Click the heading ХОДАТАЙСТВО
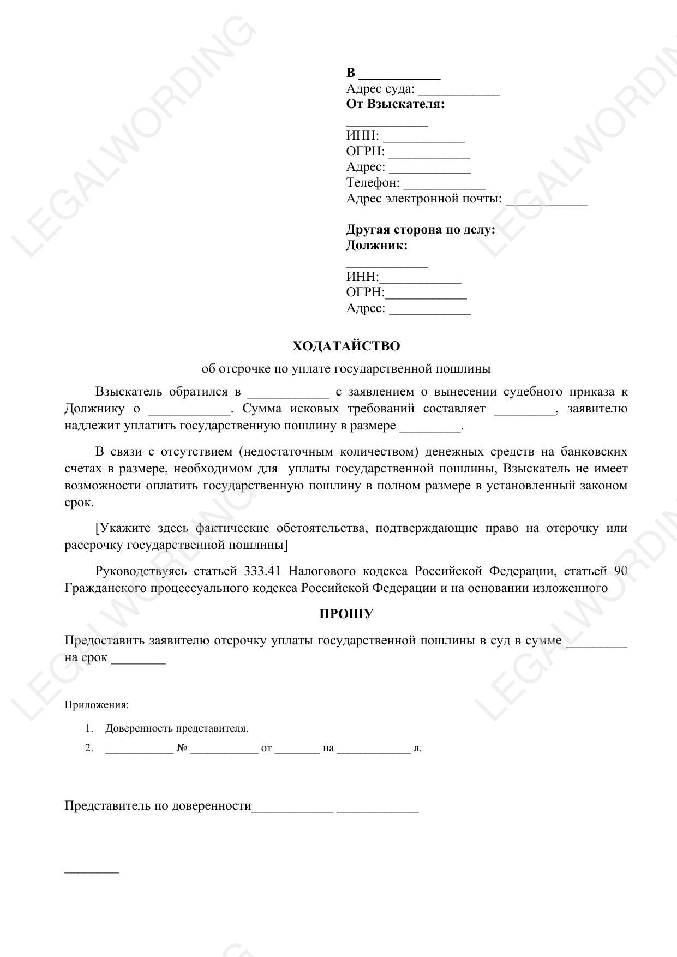pyautogui.click(x=346, y=346)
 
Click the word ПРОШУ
pyautogui.click(x=346, y=614)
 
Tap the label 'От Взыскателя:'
pyautogui.click(x=395, y=104)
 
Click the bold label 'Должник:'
pyautogui.click(x=376, y=246)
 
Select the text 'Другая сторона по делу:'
pyautogui.click(x=420, y=230)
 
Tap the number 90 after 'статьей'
pyautogui.click(x=620, y=571)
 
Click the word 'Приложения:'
pyautogui.click(x=97, y=705)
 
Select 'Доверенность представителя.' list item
pyautogui.click(x=177, y=728)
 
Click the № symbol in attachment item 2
pyautogui.click(x=182, y=748)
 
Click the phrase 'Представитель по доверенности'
pyautogui.click(x=158, y=806)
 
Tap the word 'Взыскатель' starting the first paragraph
pyautogui.click(x=129, y=392)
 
